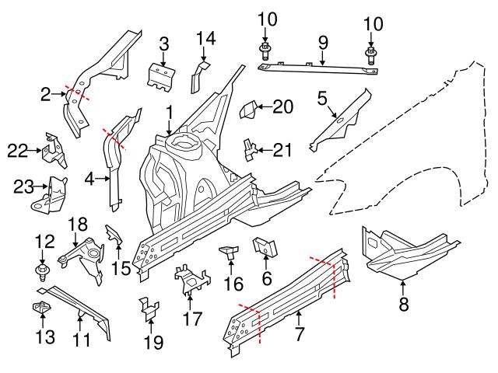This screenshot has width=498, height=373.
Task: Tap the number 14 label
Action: [x=205, y=37]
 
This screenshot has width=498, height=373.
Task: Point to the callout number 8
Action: [x=403, y=305]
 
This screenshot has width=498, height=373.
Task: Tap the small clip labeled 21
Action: [x=249, y=148]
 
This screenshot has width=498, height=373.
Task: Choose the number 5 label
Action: [x=323, y=98]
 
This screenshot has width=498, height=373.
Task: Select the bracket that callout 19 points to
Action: [x=148, y=309]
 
